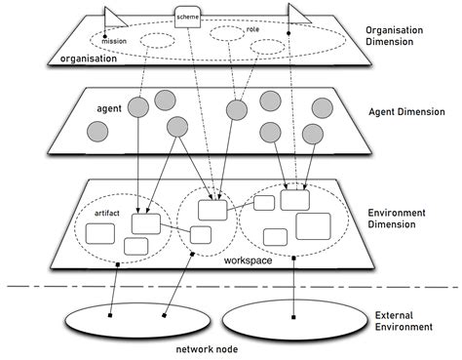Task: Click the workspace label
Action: [247, 260]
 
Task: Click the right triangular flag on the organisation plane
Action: [297, 15]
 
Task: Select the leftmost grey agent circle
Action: [97, 132]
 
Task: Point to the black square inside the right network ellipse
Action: [294, 316]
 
